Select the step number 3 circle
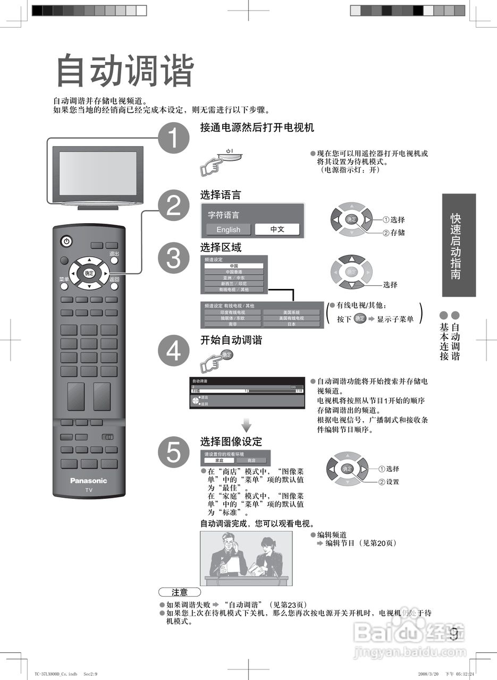(174, 259)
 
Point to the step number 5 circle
(174, 453)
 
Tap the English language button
(228, 229)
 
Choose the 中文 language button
(277, 229)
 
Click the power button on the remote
(66, 242)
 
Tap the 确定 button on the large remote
(89, 273)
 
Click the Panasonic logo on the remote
(89, 481)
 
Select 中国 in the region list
(234, 266)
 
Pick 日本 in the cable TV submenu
(292, 324)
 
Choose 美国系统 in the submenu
(292, 312)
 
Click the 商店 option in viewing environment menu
(251, 461)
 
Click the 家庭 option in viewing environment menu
(219, 461)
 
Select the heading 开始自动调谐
(231, 341)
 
